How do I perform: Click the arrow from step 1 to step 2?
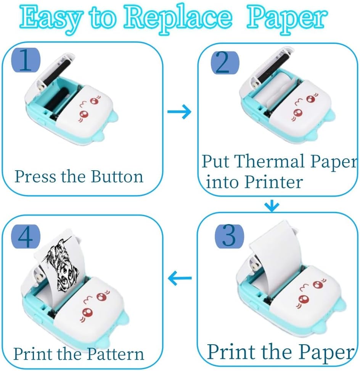point(179,112)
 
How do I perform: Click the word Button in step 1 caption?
point(117,177)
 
